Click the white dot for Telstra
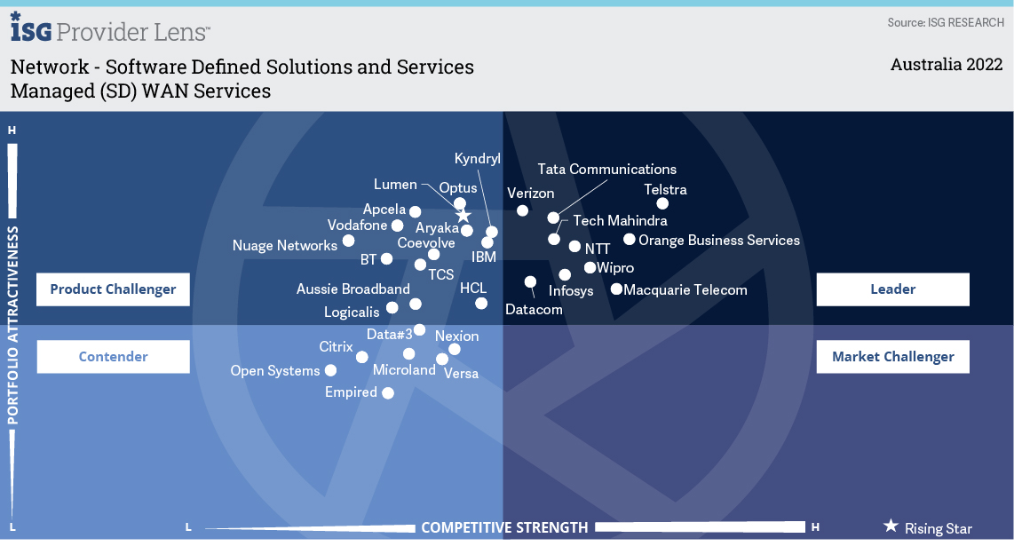[662, 204]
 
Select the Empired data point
[388, 392]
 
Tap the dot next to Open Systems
[330, 371]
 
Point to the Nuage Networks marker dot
[349, 241]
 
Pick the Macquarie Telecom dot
[616, 289]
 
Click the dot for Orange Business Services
[630, 240]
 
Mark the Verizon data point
[522, 210]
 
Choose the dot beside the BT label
[387, 258]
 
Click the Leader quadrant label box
[892, 289]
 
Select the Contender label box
[113, 356]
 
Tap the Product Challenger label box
[113, 289]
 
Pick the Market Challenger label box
[892, 356]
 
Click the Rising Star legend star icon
[891, 526]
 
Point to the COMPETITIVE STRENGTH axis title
[504, 528]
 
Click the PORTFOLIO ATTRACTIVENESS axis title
[12, 326]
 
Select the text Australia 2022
[947, 65]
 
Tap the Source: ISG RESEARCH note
[946, 23]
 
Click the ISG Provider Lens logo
[110, 28]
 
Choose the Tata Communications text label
[606, 170]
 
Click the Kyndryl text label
[477, 159]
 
